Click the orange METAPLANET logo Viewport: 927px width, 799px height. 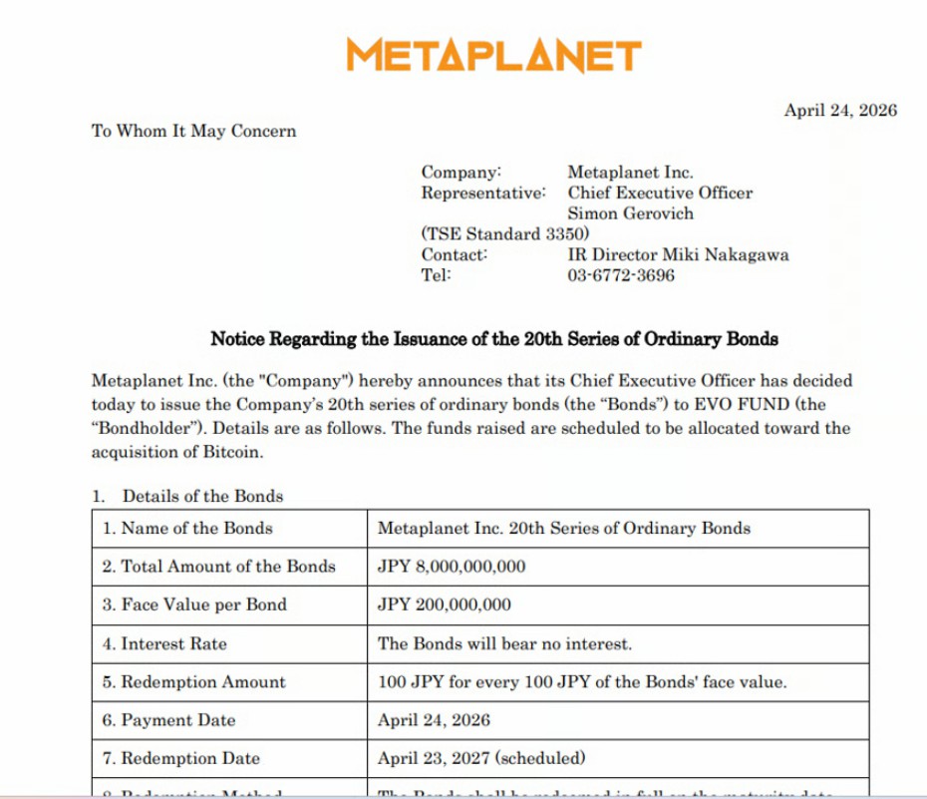click(x=493, y=55)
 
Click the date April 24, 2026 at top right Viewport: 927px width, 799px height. click(x=839, y=111)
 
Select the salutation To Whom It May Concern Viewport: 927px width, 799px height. click(x=193, y=131)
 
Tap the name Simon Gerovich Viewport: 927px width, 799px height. click(x=630, y=213)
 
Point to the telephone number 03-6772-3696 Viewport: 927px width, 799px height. click(x=620, y=275)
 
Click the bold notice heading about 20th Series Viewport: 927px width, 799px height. click(x=493, y=339)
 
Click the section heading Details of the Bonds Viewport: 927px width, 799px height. click(x=202, y=496)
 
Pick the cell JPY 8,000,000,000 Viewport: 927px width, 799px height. click(x=451, y=567)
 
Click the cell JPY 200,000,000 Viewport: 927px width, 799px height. click(x=444, y=604)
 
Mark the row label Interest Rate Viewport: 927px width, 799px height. click(x=173, y=643)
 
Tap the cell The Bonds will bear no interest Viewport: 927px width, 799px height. click(x=504, y=643)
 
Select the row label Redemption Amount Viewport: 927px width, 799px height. click(x=202, y=682)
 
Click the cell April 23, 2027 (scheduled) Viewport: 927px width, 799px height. click(x=481, y=758)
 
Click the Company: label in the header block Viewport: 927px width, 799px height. click(x=461, y=173)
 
